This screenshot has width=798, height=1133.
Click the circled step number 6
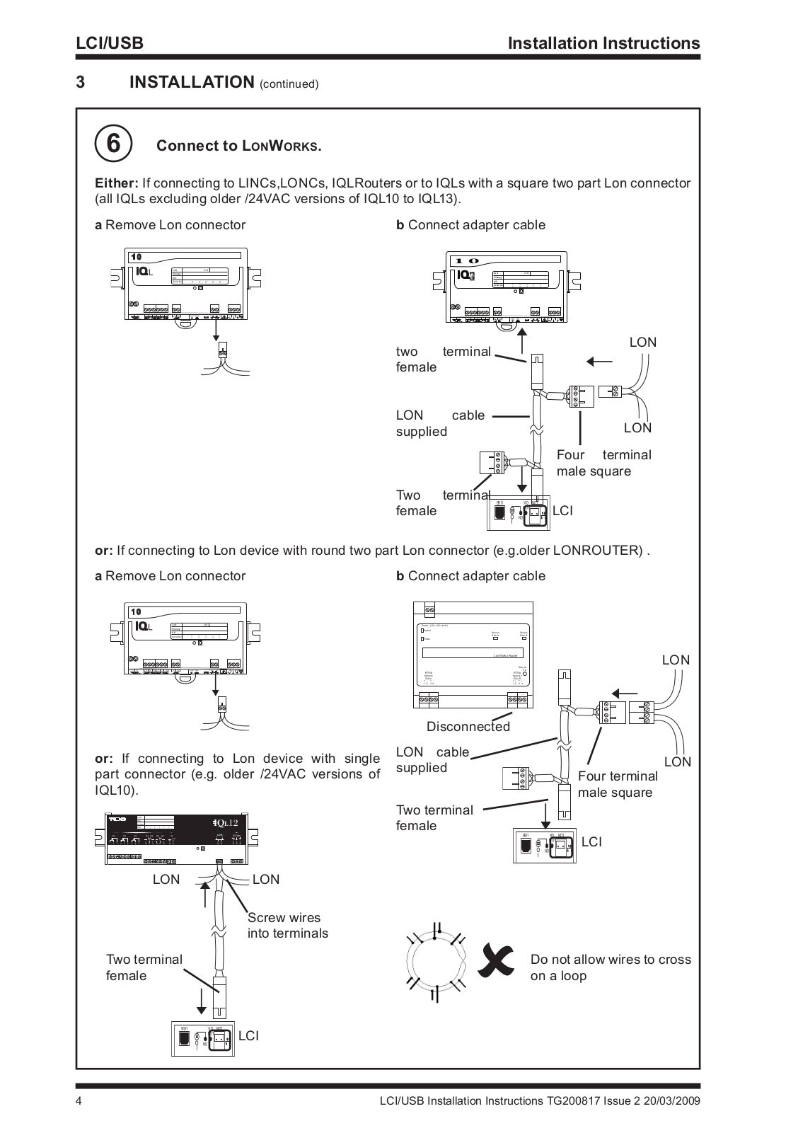tap(113, 144)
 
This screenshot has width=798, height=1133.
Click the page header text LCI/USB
tap(110, 43)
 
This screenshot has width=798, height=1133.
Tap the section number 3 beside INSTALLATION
tap(81, 82)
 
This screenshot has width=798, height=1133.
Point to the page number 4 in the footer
tap(80, 1101)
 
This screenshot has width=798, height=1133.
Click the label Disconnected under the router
tap(468, 727)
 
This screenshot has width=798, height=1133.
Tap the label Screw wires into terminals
tap(287, 925)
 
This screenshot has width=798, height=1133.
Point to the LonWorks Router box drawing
tap(473, 655)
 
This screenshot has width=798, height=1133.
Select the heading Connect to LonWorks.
tap(239, 146)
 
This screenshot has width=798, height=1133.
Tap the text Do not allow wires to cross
tap(611, 960)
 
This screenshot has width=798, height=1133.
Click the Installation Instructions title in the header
tap(604, 43)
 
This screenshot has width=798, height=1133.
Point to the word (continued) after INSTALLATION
tap(289, 84)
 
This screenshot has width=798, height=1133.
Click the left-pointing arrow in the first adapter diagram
tap(599, 361)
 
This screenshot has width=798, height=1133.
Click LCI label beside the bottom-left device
tap(248, 1035)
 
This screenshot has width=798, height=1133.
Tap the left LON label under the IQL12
tap(166, 879)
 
